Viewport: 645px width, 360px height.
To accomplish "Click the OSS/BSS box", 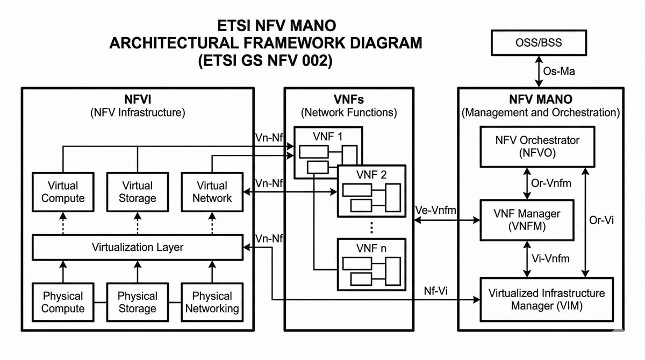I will [539, 42].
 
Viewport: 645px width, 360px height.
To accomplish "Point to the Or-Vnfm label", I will [551, 183].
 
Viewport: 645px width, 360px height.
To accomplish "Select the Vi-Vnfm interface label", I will [550, 258].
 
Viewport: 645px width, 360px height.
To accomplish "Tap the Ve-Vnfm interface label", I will [436, 211].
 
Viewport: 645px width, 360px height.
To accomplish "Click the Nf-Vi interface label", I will [435, 291].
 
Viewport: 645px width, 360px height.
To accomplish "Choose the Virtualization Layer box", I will [138, 248].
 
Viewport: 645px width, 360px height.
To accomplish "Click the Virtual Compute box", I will [63, 192].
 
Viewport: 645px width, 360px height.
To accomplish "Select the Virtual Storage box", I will [138, 192].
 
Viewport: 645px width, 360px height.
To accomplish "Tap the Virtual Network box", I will [212, 192].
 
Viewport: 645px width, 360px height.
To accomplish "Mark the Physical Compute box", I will [63, 303].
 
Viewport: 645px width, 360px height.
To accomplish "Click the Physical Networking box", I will [212, 303].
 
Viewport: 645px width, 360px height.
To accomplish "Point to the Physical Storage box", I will [138, 303].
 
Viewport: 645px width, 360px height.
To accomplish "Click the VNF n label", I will [371, 248].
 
